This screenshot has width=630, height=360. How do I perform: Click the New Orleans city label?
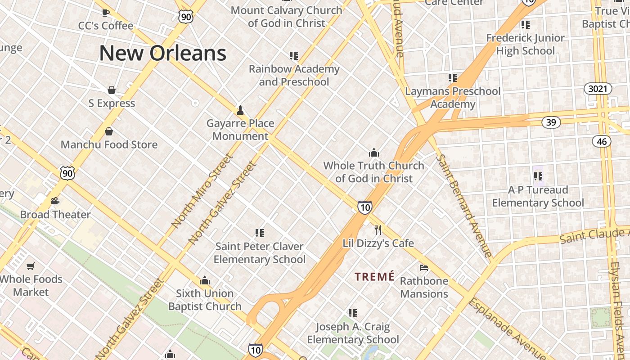point(162,53)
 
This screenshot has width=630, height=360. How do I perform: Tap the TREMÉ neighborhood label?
point(374,276)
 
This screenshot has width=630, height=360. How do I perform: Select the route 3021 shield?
point(598,89)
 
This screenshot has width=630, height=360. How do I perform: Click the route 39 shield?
point(551,122)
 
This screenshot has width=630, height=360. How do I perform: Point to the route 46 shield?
point(602,141)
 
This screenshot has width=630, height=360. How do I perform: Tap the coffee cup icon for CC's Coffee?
point(106,13)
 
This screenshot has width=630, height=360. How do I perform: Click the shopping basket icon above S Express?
point(112,90)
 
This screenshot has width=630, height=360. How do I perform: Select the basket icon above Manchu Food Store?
point(108,131)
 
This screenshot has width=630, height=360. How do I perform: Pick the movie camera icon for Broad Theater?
point(55,201)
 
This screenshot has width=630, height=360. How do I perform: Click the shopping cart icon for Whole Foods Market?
point(31,266)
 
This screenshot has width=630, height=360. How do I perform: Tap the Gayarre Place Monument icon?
point(240,110)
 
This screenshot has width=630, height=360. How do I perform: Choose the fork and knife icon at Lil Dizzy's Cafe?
point(378,230)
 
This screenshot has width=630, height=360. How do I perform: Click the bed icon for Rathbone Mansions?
point(424,268)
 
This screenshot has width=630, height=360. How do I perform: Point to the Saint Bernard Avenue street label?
point(464,206)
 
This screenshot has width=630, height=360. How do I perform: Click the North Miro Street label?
point(202,191)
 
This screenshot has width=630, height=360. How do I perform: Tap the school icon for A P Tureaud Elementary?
point(538,176)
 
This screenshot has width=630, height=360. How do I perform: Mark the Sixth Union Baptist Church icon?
point(205,281)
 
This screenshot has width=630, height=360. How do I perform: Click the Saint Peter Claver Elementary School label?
point(259,253)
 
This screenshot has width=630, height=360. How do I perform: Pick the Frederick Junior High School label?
point(525,45)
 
